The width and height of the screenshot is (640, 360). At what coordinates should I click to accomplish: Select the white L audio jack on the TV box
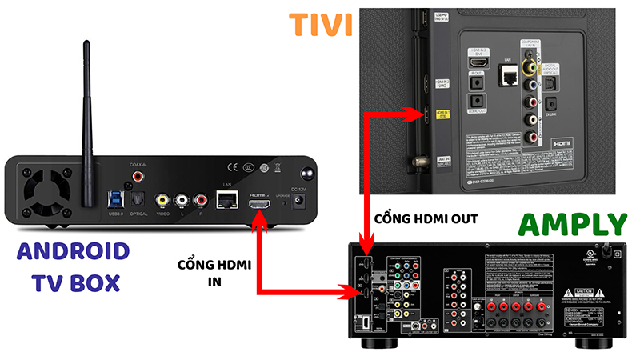pos(182,200)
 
